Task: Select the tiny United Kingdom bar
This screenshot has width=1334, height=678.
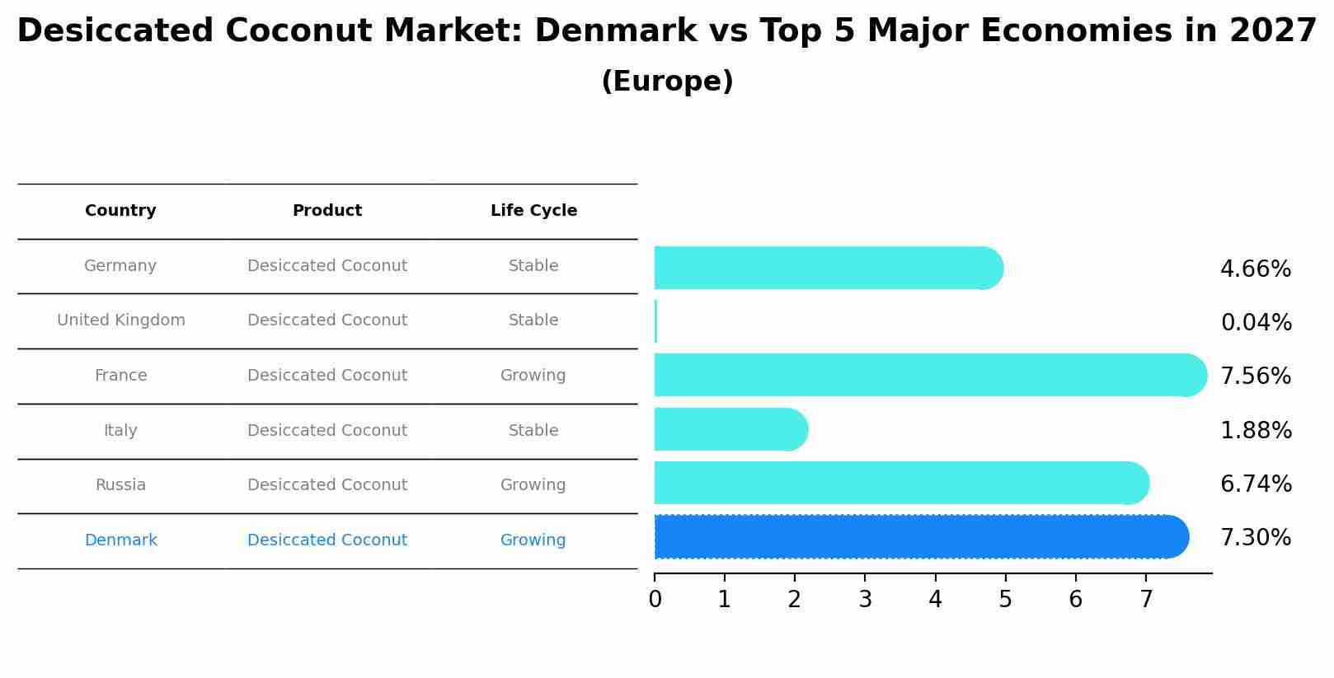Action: [x=655, y=321]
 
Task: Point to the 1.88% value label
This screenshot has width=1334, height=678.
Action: [x=1255, y=431]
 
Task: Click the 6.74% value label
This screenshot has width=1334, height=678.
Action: [x=1255, y=484]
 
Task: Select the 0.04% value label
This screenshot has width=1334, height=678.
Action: [x=1255, y=323]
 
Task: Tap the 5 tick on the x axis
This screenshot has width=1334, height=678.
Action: [x=1005, y=600]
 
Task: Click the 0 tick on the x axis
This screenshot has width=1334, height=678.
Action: [x=655, y=600]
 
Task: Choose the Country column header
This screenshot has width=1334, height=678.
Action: [x=120, y=211]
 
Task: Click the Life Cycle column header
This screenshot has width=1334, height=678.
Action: [x=533, y=211]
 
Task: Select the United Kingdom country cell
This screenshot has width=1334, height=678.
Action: [x=120, y=320]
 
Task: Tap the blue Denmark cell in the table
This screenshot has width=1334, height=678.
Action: [x=120, y=540]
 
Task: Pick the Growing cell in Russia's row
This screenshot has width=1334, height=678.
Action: [x=533, y=485]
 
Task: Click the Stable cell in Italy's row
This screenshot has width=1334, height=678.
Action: [x=533, y=431]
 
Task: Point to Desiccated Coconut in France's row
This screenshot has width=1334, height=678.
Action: [x=326, y=376]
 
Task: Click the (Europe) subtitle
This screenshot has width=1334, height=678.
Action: [x=667, y=82]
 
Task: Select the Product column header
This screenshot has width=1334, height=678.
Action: [x=326, y=211]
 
